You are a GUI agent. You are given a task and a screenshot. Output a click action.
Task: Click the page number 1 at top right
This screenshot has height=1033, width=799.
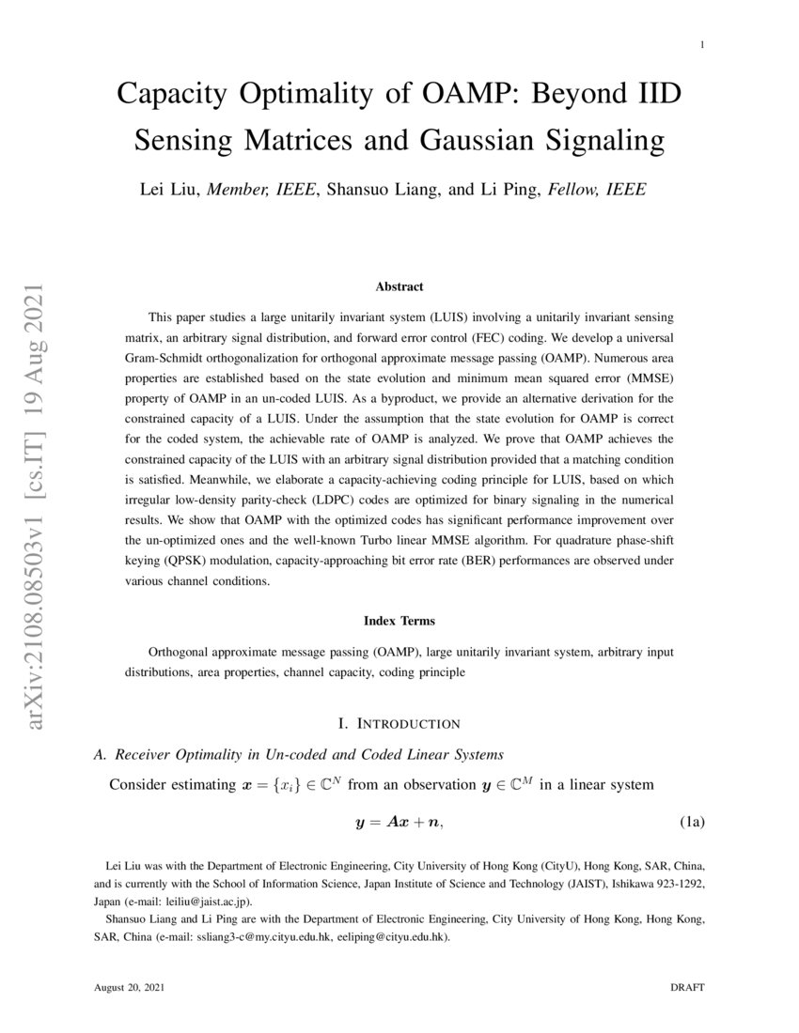[703, 44]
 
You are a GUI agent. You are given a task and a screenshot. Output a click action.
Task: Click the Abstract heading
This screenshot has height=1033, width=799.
[399, 286]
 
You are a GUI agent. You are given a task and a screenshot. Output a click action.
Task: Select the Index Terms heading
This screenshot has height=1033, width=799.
[399, 621]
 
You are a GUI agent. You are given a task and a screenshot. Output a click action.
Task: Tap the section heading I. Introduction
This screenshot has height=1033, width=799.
[399, 723]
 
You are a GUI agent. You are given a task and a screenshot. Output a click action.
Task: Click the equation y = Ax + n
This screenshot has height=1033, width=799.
[399, 824]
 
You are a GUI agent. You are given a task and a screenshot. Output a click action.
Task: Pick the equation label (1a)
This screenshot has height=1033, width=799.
[692, 824]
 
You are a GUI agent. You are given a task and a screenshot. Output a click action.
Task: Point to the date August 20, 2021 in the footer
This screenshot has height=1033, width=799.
[132, 988]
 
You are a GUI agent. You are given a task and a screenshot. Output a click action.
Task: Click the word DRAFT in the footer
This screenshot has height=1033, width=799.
[687, 988]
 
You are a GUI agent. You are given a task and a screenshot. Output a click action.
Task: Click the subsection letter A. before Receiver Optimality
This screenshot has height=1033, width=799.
[102, 754]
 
